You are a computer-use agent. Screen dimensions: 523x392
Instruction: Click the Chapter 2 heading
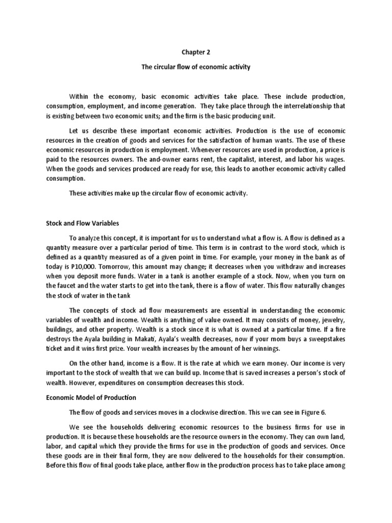[x=196, y=52]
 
